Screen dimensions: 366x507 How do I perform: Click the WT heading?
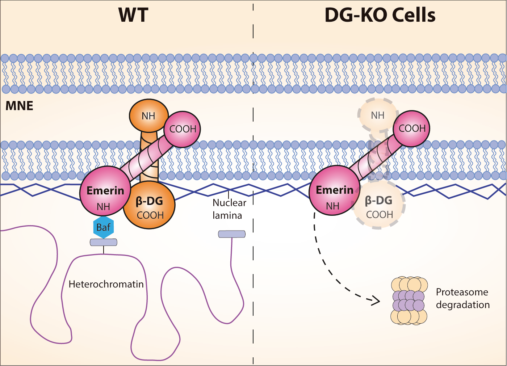click(133, 15)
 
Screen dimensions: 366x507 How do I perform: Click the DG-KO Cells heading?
click(380, 15)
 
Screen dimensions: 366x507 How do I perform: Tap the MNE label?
click(20, 106)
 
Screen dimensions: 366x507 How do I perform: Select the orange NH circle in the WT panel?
click(148, 115)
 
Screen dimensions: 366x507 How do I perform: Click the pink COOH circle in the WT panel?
click(183, 129)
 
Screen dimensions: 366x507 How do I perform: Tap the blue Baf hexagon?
click(103, 227)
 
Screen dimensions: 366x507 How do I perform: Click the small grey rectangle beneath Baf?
click(104, 242)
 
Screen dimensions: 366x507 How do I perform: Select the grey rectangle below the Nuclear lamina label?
click(232, 234)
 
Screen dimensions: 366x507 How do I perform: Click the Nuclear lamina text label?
click(229, 209)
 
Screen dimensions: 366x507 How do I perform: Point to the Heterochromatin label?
click(106, 284)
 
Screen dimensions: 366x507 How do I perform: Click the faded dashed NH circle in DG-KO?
click(377, 115)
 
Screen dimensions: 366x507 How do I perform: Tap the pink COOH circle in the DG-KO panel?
click(412, 129)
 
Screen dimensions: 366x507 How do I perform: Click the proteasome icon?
click(409, 301)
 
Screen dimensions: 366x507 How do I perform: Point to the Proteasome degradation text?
click(462, 298)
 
